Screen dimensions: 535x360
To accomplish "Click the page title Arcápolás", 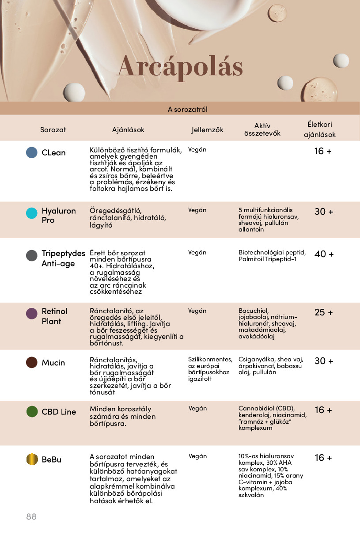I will pos(180,67).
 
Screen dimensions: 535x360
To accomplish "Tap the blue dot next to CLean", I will pos(32,152).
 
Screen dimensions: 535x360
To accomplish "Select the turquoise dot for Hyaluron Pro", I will pos(32,213).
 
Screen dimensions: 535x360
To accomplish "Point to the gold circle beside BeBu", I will pos(32,459).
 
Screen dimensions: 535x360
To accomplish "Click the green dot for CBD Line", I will pos(32,412).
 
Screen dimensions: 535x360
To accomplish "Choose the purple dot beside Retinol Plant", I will pos(32,314).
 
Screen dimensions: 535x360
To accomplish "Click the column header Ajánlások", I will pos(128,130).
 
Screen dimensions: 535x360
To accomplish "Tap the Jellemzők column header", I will pos(207,130).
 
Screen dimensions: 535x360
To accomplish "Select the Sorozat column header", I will pos(53,130).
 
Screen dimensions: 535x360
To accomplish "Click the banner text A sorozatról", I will pos(187,109).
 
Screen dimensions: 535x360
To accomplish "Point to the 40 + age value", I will pos(324,254).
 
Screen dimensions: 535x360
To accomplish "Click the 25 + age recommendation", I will pos(324,312).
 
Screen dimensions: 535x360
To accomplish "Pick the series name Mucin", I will pos(53,363).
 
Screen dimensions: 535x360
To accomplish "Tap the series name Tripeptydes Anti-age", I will pos(63,258).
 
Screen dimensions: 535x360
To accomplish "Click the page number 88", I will pos(31,516).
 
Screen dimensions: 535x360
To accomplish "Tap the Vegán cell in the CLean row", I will pos(197,149).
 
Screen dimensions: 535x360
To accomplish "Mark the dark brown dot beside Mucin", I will pos(32,363).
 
